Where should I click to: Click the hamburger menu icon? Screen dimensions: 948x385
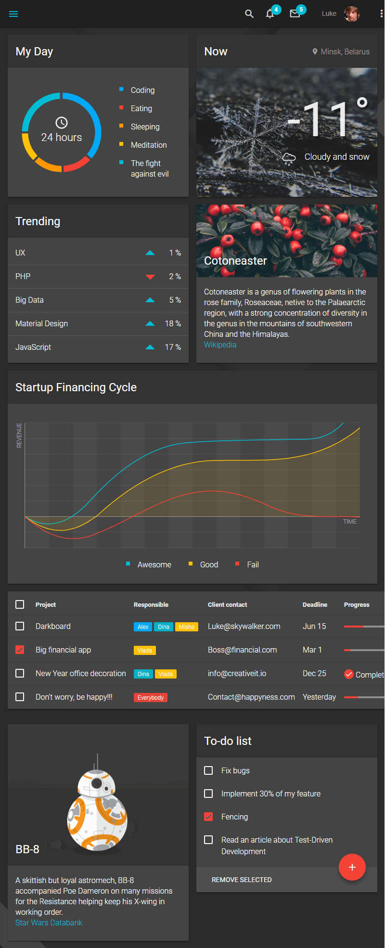click(x=13, y=14)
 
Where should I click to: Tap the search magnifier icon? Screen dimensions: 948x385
click(x=249, y=14)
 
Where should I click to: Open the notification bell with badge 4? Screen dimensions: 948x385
click(x=270, y=13)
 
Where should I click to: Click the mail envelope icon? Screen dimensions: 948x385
click(x=295, y=13)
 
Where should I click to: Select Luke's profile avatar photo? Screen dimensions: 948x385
click(x=352, y=14)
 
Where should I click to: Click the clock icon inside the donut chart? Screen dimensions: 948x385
click(x=62, y=122)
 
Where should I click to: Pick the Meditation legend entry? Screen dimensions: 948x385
click(x=148, y=145)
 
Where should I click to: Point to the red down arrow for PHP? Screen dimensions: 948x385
click(x=150, y=277)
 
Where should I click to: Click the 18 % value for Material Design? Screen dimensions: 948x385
click(x=173, y=323)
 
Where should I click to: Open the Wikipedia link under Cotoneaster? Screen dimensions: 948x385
click(x=220, y=345)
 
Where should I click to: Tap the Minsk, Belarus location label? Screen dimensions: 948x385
click(x=345, y=51)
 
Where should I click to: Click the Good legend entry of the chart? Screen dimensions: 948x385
click(x=209, y=564)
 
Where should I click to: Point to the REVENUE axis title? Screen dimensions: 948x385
click(x=19, y=436)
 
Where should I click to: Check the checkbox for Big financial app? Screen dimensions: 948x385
click(x=20, y=650)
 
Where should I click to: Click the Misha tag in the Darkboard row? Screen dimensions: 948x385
click(x=186, y=627)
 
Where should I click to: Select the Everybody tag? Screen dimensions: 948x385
click(x=151, y=697)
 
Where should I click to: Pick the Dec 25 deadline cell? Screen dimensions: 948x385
click(x=314, y=673)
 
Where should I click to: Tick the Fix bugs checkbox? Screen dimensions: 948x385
click(x=208, y=770)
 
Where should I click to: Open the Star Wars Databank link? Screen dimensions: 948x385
click(x=49, y=922)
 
